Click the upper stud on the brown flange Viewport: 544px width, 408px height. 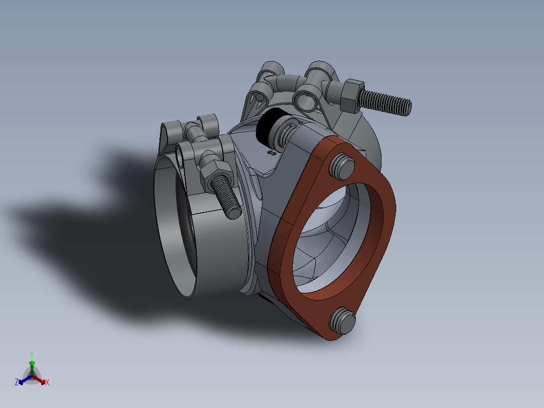pos(342,166)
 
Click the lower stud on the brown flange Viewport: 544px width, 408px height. pos(343,320)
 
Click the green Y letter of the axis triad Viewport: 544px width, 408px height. pos(31,355)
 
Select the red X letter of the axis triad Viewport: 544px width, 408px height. pos(47,383)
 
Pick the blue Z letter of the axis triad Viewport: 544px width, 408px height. pos(17,383)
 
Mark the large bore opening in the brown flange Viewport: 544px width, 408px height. pos(333,237)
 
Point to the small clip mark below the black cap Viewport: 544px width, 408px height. pos(271,152)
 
